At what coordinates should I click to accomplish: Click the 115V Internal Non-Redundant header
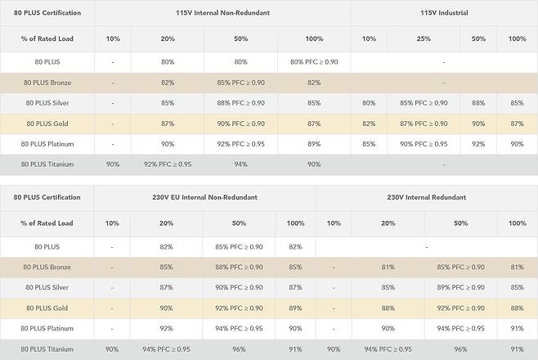pyautogui.click(x=222, y=13)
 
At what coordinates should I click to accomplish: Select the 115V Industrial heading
pyautogui.click(x=444, y=13)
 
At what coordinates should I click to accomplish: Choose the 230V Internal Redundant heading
pyautogui.click(x=426, y=197)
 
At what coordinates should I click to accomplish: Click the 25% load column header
pyautogui.click(x=423, y=38)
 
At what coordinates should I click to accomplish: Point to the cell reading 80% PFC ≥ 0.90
pyautogui.click(x=307, y=61)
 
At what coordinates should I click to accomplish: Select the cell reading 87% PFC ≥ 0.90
pyautogui.click(x=423, y=124)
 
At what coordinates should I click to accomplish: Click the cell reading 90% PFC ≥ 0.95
pyautogui.click(x=423, y=144)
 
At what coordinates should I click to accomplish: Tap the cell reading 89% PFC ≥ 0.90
pyautogui.click(x=460, y=287)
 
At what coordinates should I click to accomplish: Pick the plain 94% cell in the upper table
pyautogui.click(x=240, y=164)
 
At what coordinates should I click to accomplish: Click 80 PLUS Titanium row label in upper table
pyautogui.click(x=48, y=164)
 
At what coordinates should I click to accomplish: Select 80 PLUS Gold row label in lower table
pyautogui.click(x=48, y=308)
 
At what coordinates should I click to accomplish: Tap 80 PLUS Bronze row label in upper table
pyautogui.click(x=48, y=83)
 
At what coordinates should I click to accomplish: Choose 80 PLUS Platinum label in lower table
pyautogui.click(x=48, y=328)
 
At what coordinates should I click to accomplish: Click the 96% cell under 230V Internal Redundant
pyautogui.click(x=460, y=349)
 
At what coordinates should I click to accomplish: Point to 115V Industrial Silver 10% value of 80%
pyautogui.click(x=369, y=103)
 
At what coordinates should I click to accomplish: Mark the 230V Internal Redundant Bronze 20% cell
pyautogui.click(x=388, y=267)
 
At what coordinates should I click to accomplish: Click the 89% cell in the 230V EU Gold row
pyautogui.click(x=295, y=308)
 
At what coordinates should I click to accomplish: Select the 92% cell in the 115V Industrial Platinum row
pyautogui.click(x=478, y=144)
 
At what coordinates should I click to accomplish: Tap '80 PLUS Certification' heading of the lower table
pyautogui.click(x=47, y=197)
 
